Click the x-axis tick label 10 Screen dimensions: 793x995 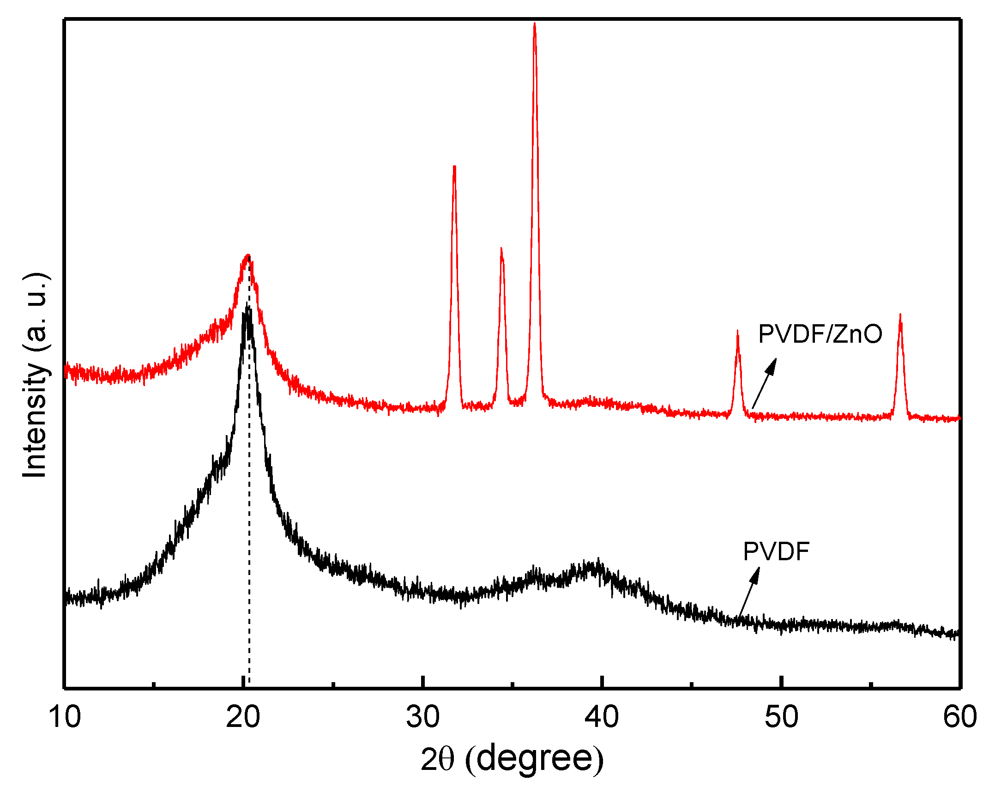click(65, 717)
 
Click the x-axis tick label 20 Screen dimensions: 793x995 click(243, 717)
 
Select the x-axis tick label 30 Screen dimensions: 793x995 click(422, 717)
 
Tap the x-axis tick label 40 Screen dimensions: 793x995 click(602, 717)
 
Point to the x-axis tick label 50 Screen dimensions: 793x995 click(781, 717)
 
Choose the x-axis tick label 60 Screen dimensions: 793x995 click(959, 717)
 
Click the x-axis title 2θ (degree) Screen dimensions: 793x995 click(512, 760)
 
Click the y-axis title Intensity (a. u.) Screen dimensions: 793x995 click(36, 375)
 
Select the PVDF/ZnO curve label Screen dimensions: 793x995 click(820, 334)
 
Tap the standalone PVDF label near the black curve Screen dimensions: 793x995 click(776, 551)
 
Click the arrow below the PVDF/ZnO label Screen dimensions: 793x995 click(765, 383)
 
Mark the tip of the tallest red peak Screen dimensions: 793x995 click(535, 24)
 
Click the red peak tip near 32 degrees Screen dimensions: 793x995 click(455, 167)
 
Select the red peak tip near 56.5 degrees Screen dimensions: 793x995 click(900, 315)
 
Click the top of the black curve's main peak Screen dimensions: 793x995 click(247, 308)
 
